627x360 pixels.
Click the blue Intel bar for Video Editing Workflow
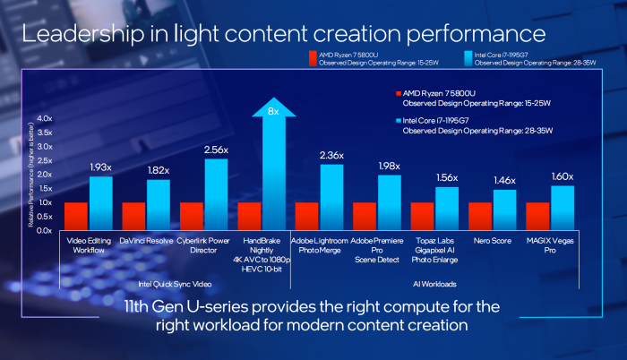100,202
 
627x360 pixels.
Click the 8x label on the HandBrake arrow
274,112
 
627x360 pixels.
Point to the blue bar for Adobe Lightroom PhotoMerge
331,196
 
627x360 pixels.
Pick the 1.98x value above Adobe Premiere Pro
389,167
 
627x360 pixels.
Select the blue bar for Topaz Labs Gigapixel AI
447,208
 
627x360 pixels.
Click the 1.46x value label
504,181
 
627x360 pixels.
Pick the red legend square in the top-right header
311,58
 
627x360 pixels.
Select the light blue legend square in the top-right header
468,58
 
